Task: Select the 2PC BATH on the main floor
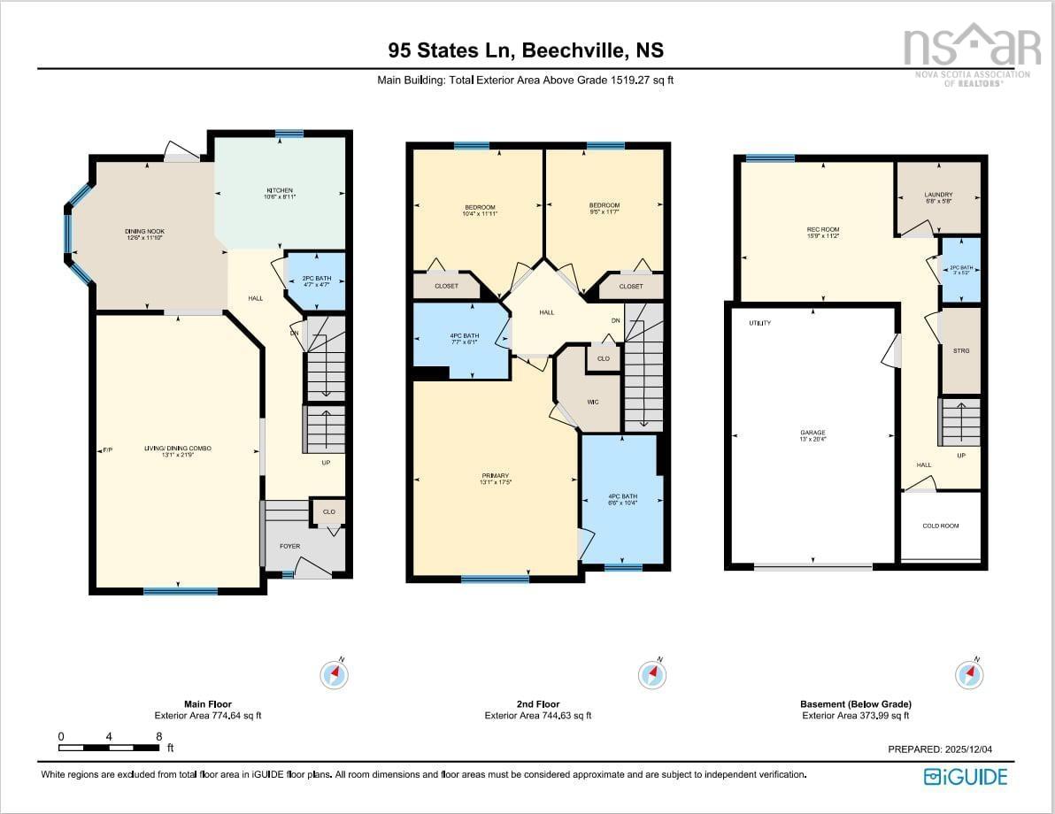[x=316, y=280]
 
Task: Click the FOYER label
[x=290, y=546]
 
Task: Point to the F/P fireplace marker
[x=107, y=450]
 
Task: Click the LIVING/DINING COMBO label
[x=178, y=449]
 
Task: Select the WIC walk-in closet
[x=593, y=402]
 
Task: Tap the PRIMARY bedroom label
[x=495, y=476]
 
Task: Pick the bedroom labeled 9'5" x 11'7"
[x=605, y=206]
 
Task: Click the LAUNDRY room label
[x=938, y=195]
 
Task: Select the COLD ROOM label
[x=940, y=526]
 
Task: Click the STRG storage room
[x=961, y=351]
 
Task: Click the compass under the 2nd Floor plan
[x=653, y=675]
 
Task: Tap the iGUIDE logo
[x=966, y=777]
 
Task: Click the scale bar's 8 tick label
[x=158, y=736]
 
